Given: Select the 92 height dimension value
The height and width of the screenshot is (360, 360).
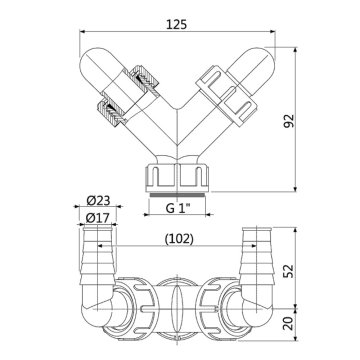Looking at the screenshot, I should coord(318,122).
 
